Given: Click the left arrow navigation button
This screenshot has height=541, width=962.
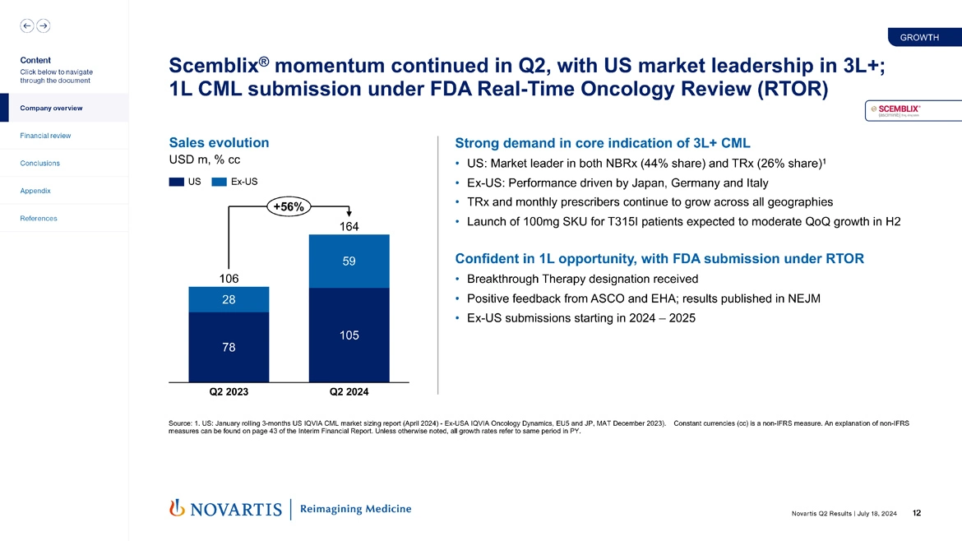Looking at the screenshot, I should [x=27, y=26].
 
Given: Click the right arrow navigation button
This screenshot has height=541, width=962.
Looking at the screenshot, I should [x=43, y=26].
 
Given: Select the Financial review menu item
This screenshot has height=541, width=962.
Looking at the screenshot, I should [x=46, y=136].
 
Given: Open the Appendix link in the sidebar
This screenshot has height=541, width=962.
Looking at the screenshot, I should [x=36, y=191].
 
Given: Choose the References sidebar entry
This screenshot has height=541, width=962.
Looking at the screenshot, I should [x=39, y=218].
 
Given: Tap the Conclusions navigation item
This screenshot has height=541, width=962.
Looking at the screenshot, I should [x=40, y=163].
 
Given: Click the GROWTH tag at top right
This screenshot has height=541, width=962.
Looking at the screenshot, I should [x=920, y=37].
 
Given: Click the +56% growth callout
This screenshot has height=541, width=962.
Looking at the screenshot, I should [x=288, y=206].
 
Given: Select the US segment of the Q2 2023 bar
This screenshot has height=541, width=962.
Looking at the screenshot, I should [x=229, y=347].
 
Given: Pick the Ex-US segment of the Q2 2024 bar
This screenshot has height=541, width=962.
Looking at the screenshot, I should [x=349, y=261].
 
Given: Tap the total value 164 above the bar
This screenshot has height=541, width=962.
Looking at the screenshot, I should [x=349, y=226].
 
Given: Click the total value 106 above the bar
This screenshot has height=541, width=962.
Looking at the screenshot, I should [x=229, y=279].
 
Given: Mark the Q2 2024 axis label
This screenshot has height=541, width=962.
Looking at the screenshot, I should [x=349, y=391].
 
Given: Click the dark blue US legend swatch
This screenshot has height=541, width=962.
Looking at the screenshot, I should [x=177, y=182].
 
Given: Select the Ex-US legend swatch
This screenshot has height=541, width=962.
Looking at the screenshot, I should [x=220, y=182].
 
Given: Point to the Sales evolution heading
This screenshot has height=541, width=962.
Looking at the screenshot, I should [x=218, y=142].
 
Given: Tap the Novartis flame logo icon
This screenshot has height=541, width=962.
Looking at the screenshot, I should [x=176, y=509].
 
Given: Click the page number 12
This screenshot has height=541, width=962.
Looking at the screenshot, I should [x=917, y=514].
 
